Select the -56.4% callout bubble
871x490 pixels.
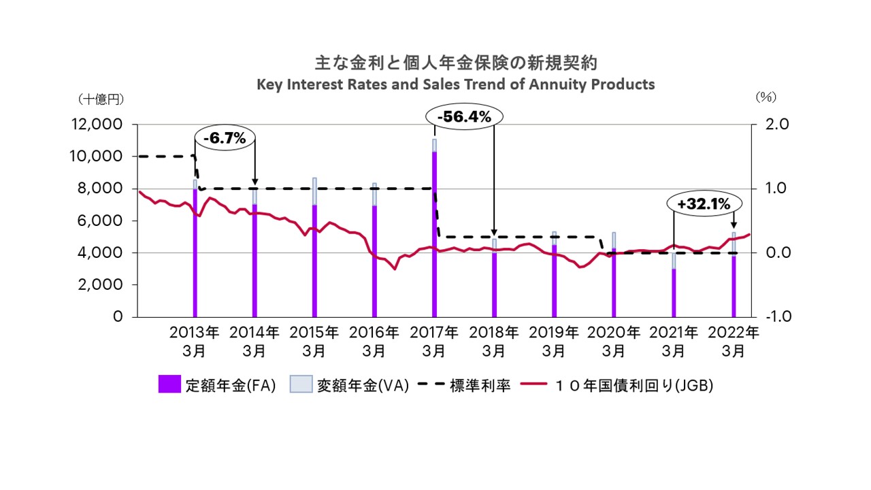coord(464,117)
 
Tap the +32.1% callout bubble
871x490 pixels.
coord(703,203)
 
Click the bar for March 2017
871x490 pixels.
coord(434,231)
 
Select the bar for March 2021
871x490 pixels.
coord(674,289)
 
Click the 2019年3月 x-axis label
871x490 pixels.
coord(554,342)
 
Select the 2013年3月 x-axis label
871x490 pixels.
coord(195,342)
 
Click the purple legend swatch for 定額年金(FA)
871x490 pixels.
coord(169,385)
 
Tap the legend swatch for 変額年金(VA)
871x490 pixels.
coord(301,385)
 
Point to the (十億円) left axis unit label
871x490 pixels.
coord(101,99)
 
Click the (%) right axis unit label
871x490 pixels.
coord(766,97)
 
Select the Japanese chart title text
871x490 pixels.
coord(455,63)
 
